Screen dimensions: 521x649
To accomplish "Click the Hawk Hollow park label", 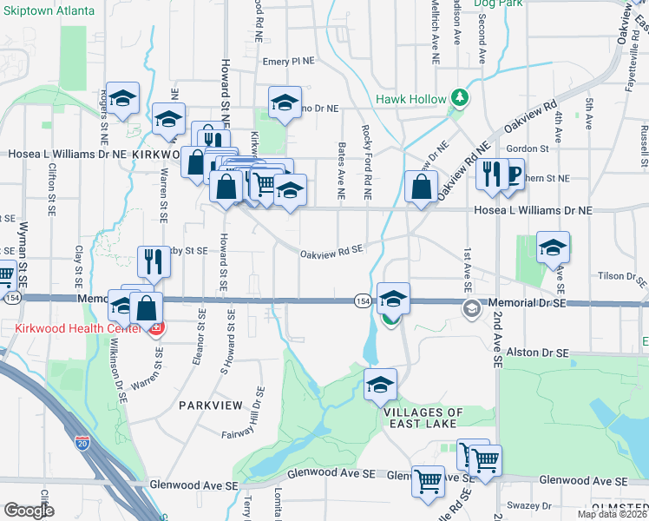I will tap(410, 99).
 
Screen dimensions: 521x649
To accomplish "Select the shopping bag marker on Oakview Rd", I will tap(421, 186).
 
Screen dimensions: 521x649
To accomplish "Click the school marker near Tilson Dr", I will tap(553, 247).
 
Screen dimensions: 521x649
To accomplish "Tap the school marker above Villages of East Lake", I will tap(380, 385).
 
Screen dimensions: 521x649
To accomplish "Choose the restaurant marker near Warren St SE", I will tap(154, 260).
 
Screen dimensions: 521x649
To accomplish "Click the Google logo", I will tap(29, 510).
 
